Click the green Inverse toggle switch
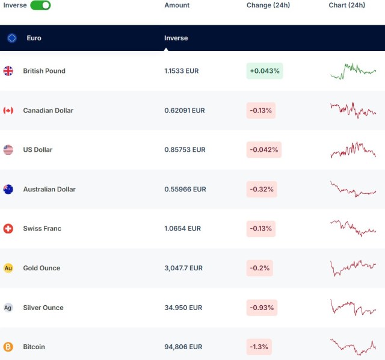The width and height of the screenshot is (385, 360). tap(40, 5)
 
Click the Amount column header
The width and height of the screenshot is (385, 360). tap(177, 5)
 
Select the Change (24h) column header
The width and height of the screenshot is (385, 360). tap(268, 5)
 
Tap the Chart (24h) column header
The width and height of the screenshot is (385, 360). tap(346, 5)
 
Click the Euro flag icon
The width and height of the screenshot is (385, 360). tap(12, 38)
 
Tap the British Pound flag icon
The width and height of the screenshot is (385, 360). tap(8, 71)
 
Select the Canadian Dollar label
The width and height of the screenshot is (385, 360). tap(48, 111)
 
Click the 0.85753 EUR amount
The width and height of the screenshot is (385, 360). tap(185, 150)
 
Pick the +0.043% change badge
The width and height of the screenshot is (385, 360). tap(265, 71)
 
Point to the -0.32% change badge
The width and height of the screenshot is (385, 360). tap(261, 190)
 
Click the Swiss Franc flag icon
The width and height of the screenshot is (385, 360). tap(8, 229)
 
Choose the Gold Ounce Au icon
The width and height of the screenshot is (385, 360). tap(8, 268)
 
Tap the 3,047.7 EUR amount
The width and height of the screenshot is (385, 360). tap(183, 268)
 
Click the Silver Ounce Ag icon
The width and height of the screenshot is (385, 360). tap(8, 308)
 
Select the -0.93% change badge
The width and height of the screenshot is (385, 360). tap(261, 308)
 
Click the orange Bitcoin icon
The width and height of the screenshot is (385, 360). tap(8, 347)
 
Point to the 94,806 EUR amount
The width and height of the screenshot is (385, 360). tap(183, 347)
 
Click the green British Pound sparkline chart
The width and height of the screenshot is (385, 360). tap(353, 71)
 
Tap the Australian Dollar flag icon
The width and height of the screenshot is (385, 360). tap(8, 190)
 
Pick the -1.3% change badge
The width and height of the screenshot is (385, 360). tap(259, 347)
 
